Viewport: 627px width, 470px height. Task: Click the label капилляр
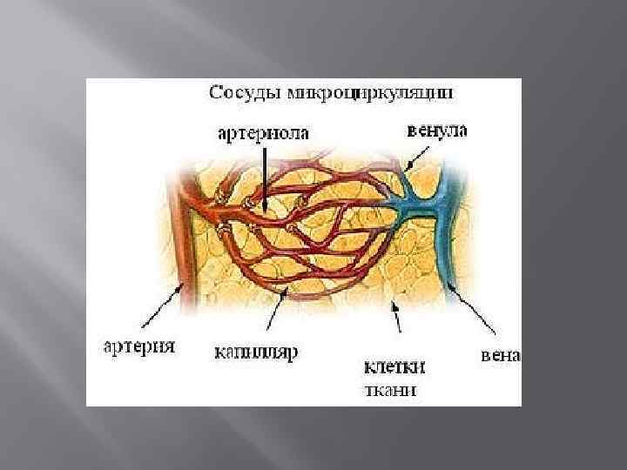coord(257,352)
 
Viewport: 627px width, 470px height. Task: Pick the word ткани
coord(389,390)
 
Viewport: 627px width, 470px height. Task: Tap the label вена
coord(500,355)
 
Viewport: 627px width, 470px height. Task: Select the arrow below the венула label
coord(419,157)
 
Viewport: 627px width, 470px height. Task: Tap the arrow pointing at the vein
coord(475,309)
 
